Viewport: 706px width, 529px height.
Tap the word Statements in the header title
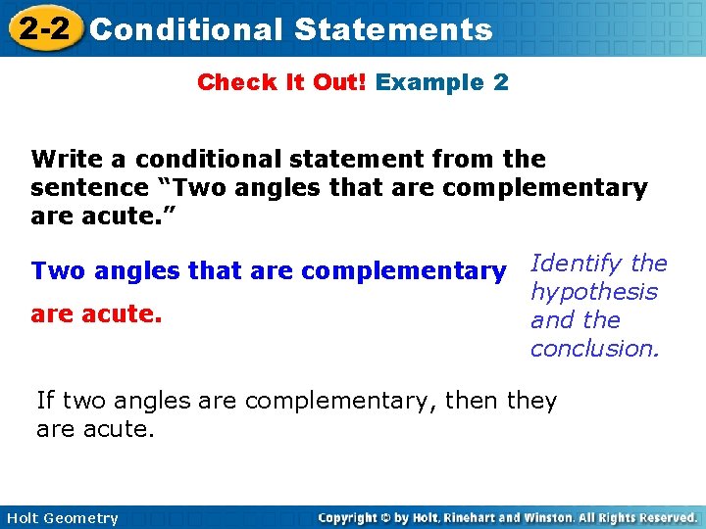pyautogui.click(x=392, y=29)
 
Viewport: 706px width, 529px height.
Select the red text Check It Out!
pyautogui.click(x=281, y=82)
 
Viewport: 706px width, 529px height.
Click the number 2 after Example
pyautogui.click(x=501, y=82)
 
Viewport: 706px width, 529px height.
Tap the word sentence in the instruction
pyautogui.click(x=80, y=187)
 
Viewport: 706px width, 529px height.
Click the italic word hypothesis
pyautogui.click(x=593, y=292)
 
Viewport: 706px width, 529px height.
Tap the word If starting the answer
pyautogui.click(x=45, y=401)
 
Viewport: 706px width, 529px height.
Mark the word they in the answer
pyautogui.click(x=531, y=401)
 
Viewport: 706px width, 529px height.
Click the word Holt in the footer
pyautogui.click(x=24, y=518)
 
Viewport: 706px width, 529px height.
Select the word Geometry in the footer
pyautogui.click(x=82, y=518)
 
